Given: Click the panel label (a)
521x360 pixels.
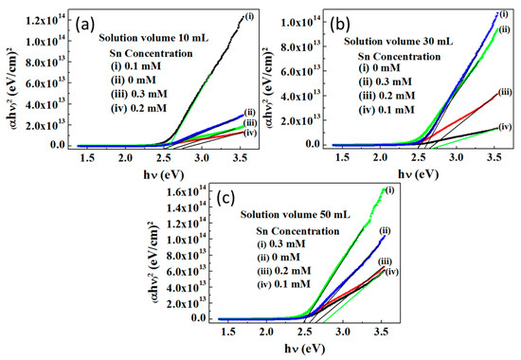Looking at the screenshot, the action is point(85,25).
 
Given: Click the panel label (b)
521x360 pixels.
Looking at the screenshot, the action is point(339,25).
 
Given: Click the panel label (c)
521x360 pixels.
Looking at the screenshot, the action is point(225,198).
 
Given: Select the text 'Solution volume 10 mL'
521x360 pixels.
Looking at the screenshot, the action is point(153,38).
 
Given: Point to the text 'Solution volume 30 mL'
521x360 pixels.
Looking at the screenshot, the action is point(399,42).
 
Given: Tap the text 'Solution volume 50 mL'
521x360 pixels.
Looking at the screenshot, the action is point(296,215).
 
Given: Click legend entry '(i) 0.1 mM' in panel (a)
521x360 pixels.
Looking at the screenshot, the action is point(135,66).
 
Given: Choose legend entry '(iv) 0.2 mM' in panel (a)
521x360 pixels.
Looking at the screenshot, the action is point(139,108).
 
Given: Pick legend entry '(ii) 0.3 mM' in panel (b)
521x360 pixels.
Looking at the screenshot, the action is point(386,81).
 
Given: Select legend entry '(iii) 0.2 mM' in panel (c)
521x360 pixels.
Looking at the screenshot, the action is point(284,271).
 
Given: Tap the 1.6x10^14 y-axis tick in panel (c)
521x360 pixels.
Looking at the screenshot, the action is point(187,191).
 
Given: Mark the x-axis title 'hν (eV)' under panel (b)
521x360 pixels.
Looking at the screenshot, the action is point(418,174).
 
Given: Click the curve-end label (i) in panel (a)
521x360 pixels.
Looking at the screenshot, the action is point(249,16).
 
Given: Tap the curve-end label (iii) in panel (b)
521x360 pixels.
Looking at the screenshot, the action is point(505,92).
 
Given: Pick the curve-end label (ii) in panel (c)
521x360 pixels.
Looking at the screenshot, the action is point(385,231).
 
